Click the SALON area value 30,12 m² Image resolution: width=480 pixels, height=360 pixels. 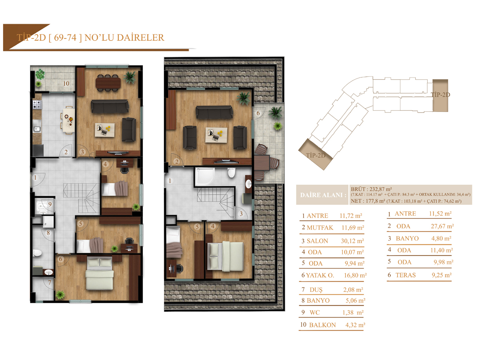tap(352, 241)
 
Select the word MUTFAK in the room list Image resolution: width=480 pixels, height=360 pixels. tap(320, 228)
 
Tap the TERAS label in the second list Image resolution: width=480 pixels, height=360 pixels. tap(405, 275)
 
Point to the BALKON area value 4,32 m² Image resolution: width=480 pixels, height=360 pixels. tap(355, 325)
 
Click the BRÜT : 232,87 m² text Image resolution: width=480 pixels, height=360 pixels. tap(371, 189)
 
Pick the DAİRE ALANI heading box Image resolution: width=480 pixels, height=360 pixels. tap(322, 195)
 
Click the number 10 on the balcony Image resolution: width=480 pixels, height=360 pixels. tap(66, 84)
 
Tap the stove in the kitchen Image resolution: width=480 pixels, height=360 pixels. tap(37, 104)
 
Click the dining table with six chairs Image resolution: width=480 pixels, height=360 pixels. tap(108, 83)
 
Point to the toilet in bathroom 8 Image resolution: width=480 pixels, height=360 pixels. tap(37, 253)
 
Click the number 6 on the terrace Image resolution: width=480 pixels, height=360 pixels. tap(258, 113)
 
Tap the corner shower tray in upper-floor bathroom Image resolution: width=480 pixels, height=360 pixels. tap(204, 176)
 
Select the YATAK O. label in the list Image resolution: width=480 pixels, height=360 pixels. tap(320, 275)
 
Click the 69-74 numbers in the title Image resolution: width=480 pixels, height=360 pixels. tap(65, 38)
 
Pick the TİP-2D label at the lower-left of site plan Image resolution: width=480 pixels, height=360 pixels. tap(315, 156)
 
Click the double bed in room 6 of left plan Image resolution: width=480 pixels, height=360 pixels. tap(100, 273)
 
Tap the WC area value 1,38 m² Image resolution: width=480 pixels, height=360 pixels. tap(353, 312)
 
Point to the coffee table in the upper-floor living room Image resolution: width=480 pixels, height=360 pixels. tap(216, 135)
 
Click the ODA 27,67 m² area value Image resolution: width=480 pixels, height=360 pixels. tap(442, 226)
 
